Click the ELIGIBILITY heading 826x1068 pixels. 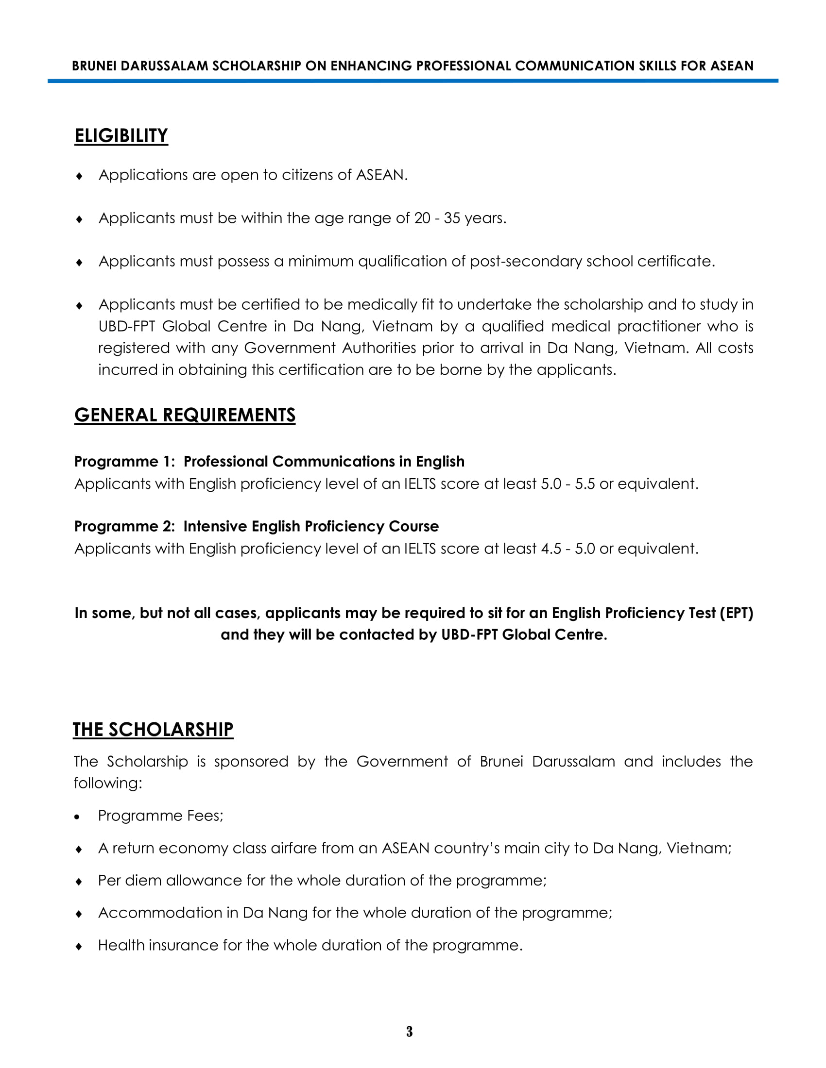click(x=121, y=135)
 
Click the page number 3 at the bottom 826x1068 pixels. click(x=409, y=1031)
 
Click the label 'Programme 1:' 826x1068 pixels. click(x=124, y=462)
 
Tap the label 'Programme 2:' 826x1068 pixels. click(x=124, y=526)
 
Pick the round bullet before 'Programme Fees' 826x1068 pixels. click(x=77, y=817)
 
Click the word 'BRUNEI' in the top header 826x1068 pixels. click(x=94, y=66)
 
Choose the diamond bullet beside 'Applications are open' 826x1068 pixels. click(x=79, y=176)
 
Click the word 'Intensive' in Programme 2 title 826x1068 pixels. click(x=215, y=526)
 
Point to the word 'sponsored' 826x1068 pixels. click(x=251, y=762)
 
